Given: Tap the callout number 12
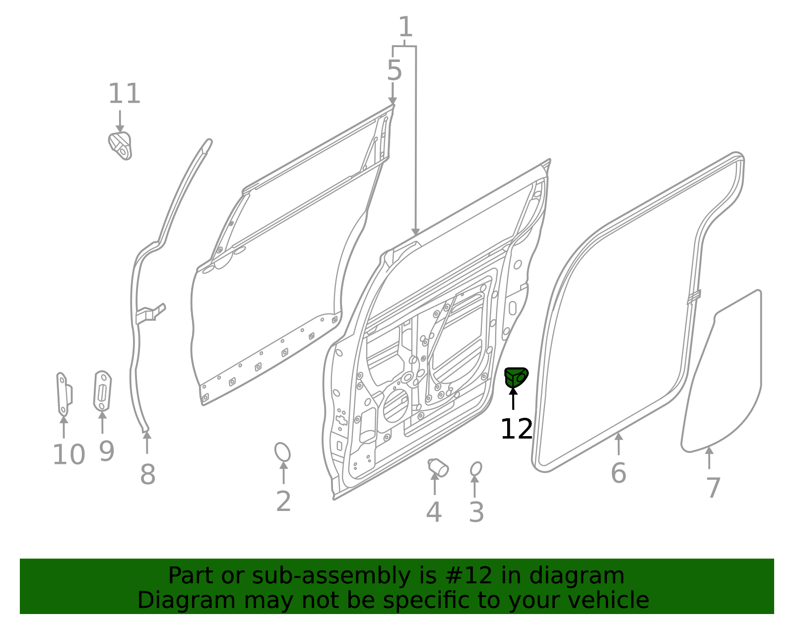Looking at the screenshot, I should tap(516, 429).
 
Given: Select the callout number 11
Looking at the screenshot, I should tap(124, 94).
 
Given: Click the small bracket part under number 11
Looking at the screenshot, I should tap(120, 145).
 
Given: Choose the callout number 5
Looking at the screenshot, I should tap(394, 71).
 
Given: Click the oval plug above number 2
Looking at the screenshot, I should tap(282, 452).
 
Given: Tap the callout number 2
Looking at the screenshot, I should tap(283, 502).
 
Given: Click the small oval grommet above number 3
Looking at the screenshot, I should tap(475, 468).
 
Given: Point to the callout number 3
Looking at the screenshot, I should tap(476, 512).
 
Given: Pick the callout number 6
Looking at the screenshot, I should tap(618, 473).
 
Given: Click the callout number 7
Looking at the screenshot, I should tap(713, 488).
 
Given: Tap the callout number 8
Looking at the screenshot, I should tap(147, 475).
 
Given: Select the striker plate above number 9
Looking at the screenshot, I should tap(102, 391).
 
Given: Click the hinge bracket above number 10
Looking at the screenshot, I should tap(64, 394).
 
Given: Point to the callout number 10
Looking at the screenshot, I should tap(68, 455).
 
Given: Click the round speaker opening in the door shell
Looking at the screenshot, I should tap(396, 406).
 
